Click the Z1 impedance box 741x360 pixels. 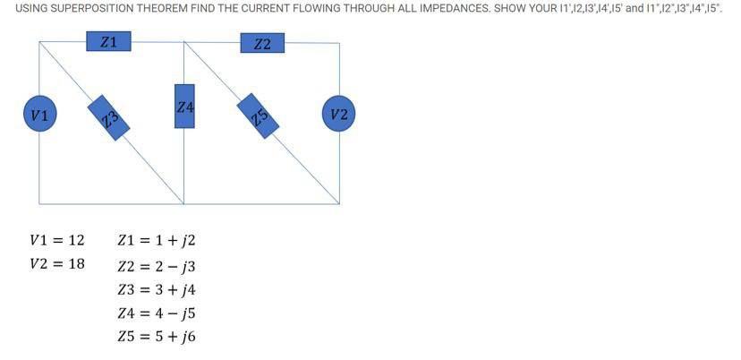(x=108, y=41)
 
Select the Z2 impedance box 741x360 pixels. (x=262, y=43)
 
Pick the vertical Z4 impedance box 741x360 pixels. (x=184, y=106)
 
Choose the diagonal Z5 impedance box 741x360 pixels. (x=259, y=116)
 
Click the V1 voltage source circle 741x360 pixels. (x=39, y=115)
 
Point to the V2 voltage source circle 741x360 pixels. (x=339, y=114)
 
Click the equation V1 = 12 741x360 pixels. (x=56, y=240)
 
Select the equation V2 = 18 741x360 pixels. (x=56, y=264)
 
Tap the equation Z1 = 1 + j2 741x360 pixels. (x=156, y=240)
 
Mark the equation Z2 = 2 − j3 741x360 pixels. (x=156, y=266)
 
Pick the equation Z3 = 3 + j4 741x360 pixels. (x=156, y=289)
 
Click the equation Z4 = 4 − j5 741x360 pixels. (x=156, y=313)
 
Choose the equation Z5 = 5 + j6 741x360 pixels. (x=156, y=337)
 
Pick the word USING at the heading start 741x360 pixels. (x=31, y=7)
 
